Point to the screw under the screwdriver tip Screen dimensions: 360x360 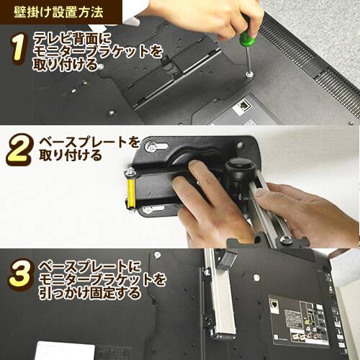(248, 74)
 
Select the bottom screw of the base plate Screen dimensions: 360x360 (150, 210)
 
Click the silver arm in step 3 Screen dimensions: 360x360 (220, 302)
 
